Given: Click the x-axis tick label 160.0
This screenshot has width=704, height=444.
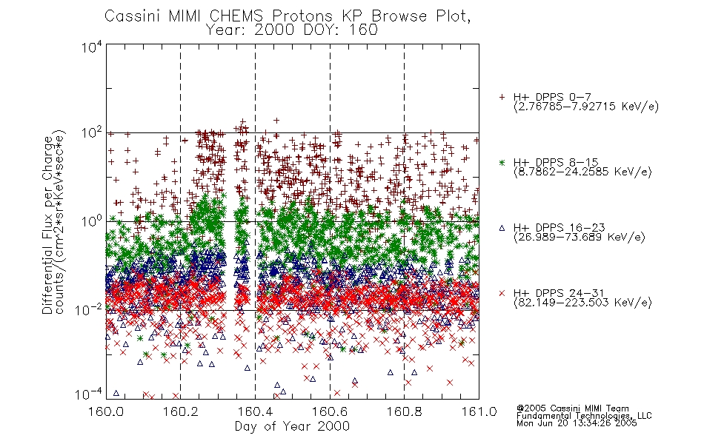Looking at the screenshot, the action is (106, 412).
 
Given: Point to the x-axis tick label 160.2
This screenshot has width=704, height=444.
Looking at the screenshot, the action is (181, 412).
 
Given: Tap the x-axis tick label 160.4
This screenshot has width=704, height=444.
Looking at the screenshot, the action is (256, 412).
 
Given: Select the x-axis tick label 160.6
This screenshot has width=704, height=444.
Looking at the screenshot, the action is (330, 412).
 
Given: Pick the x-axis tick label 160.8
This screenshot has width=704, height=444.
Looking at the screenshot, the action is (405, 412).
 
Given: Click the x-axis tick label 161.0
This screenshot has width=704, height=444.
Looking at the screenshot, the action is (479, 412).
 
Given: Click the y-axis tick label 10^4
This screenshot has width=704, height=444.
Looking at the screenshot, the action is (92, 47).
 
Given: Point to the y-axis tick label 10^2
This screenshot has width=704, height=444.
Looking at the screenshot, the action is (92, 133).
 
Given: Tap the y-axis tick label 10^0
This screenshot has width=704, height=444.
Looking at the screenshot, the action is (92, 221).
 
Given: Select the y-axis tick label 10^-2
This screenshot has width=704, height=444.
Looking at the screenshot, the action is (90, 309).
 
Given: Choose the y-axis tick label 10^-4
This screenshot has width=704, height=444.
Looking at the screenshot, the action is (90, 394).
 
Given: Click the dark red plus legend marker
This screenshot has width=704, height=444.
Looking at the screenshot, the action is (502, 97).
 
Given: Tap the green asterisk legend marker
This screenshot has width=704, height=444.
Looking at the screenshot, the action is (502, 163).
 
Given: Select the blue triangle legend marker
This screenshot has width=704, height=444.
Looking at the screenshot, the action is (502, 228).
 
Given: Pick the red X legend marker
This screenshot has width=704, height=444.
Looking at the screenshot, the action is (502, 293).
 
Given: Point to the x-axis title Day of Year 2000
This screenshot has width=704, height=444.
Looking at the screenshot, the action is (292, 426).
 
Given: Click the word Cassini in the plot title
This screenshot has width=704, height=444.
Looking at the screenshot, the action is (133, 16).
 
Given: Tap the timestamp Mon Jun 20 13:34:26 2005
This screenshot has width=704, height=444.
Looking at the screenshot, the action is (577, 423).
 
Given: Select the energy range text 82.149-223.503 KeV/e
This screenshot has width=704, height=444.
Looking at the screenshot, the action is (582, 303).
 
